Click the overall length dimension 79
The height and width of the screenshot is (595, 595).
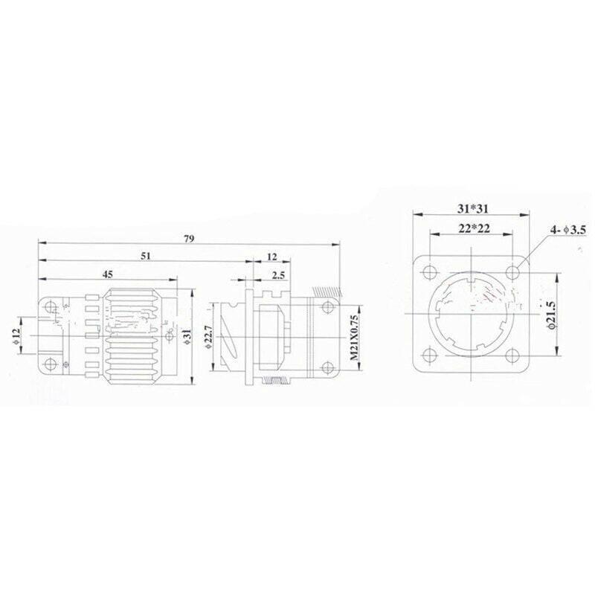click(189, 239)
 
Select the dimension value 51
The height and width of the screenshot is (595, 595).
click(146, 256)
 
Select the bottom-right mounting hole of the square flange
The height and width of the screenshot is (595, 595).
click(512, 354)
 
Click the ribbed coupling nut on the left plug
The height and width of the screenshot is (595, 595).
click(130, 335)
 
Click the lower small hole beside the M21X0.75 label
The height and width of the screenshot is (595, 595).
click(327, 366)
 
